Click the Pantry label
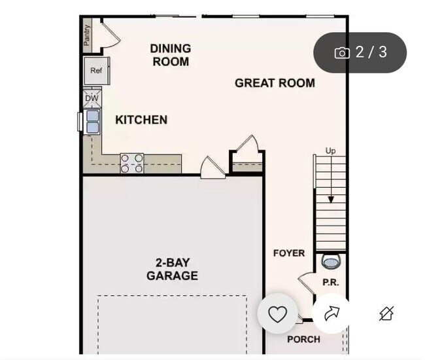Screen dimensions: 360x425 87,35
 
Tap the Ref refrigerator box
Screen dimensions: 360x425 96,71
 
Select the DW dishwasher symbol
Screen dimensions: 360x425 92,99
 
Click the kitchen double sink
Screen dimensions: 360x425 92,121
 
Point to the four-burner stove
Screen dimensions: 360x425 131,163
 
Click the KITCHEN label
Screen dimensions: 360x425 141,120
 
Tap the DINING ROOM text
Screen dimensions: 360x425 170,55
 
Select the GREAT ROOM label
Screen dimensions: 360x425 275,83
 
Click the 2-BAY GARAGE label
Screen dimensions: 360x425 172,269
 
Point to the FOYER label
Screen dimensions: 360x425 288,253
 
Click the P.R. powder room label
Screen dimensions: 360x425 330,283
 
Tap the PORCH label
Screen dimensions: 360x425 303,339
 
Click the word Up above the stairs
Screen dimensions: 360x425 331,151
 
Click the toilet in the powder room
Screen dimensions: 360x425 331,262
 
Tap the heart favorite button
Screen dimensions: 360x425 278,314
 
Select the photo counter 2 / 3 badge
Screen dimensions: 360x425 360,52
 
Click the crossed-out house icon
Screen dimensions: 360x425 386,314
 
